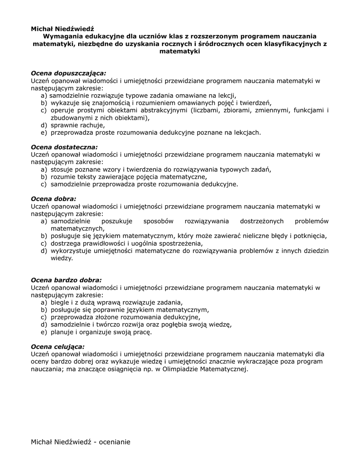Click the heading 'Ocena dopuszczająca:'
pos(68,73)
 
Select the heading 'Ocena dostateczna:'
pos(64,147)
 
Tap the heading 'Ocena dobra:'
pos(53,198)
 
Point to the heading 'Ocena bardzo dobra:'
pos(66,280)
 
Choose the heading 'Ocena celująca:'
pos(57,346)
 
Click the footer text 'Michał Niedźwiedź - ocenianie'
pos(81,442)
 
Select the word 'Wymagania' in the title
pos(64,36)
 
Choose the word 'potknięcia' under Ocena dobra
pos(310,236)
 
